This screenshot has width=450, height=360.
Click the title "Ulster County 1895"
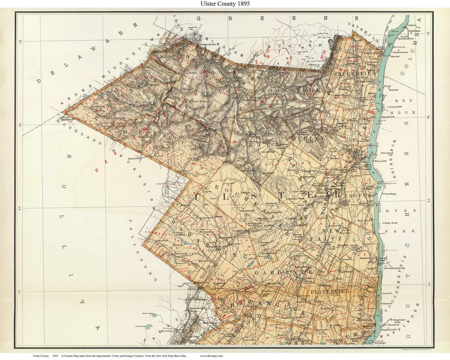pos(225,4)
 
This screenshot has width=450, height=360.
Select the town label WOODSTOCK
pos(291,90)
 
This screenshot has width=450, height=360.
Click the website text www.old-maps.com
pos(211,356)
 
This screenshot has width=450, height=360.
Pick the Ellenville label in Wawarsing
pos(205,260)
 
